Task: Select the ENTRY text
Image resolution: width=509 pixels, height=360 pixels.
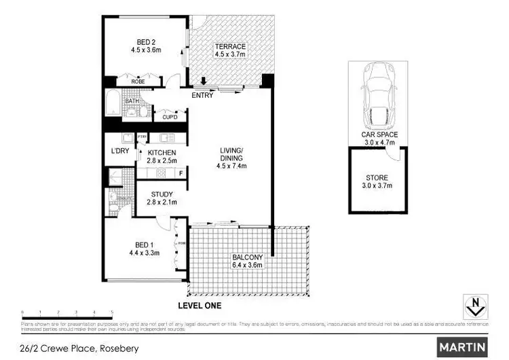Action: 202,96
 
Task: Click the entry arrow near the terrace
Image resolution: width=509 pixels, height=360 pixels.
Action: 203,84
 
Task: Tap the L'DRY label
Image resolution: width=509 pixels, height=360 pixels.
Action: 120,151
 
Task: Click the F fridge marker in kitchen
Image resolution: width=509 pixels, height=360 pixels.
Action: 181,173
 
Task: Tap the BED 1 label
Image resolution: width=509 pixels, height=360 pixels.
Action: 139,249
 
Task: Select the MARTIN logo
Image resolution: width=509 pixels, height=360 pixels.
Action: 463,347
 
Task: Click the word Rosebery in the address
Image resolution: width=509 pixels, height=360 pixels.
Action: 119,349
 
